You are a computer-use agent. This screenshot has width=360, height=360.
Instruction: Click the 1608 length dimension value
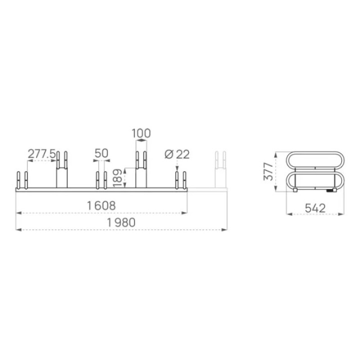click(x=101, y=206)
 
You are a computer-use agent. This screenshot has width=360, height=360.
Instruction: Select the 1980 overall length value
click(x=121, y=222)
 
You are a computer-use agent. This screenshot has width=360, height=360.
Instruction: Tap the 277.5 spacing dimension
click(x=41, y=153)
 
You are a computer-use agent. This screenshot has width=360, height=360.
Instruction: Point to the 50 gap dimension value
click(x=101, y=153)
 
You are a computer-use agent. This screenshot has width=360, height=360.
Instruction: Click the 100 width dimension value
click(x=141, y=133)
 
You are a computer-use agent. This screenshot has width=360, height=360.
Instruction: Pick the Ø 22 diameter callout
click(x=177, y=154)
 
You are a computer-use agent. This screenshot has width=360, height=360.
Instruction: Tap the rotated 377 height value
click(x=268, y=171)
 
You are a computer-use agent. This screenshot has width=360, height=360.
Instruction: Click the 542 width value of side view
click(x=315, y=208)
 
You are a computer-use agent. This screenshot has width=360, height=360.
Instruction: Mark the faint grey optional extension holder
click(x=220, y=170)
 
